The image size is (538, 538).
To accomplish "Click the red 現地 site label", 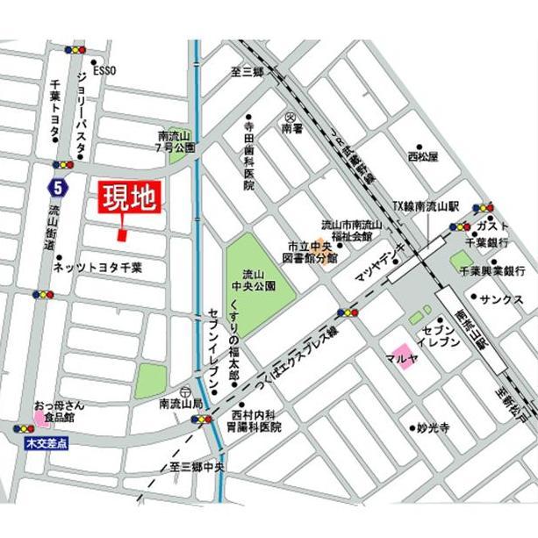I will tap(129, 198).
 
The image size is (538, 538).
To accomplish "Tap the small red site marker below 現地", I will tap(122, 233).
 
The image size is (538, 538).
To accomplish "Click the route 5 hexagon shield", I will tap(57, 186).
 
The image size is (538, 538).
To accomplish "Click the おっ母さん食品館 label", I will tap(58, 412).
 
